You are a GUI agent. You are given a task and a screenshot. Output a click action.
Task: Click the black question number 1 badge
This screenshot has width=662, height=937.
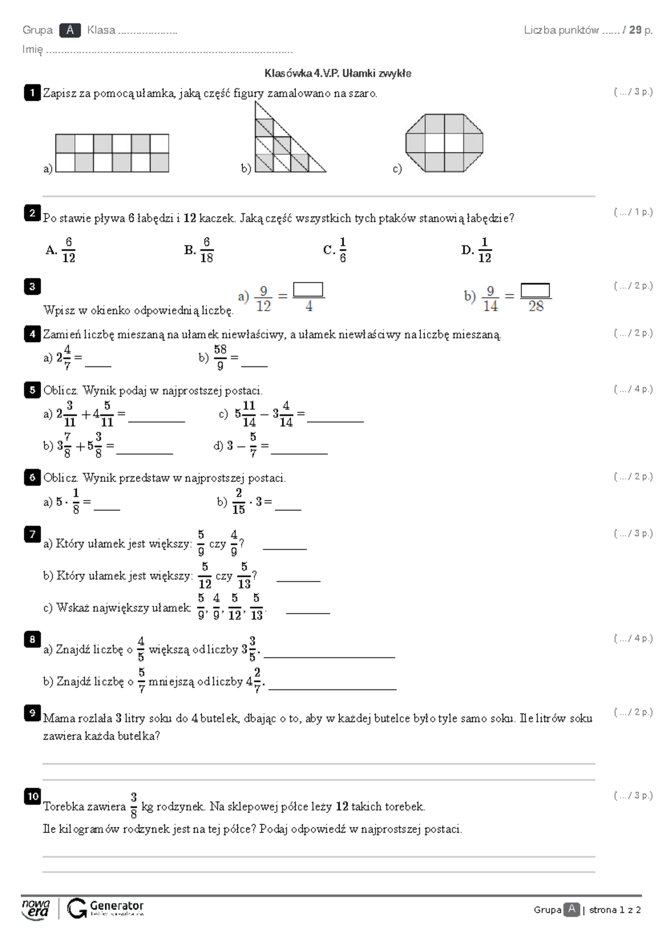tap(32, 93)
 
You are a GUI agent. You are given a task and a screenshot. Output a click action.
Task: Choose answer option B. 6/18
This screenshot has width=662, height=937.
tap(199, 250)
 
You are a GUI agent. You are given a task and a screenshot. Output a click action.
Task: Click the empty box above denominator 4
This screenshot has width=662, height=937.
tap(308, 290)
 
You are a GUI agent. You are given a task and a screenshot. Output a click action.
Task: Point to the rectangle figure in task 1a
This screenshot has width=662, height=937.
tap(112, 153)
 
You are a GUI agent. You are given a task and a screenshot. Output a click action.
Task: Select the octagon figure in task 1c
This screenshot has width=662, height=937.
tap(444, 143)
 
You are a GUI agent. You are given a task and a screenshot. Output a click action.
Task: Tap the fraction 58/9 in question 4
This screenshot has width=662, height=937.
tap(220, 357)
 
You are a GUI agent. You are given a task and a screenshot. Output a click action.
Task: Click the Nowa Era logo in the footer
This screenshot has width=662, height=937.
tap(36, 908)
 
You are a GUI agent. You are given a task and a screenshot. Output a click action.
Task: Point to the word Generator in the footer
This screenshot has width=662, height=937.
tap(116, 906)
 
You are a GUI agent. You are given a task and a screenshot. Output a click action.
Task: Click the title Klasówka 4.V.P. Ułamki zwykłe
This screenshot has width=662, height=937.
tap(338, 73)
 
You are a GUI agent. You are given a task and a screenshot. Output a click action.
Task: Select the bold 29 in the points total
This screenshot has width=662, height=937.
tap(635, 30)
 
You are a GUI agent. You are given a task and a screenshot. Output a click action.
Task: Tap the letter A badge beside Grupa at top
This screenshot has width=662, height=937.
tap(70, 30)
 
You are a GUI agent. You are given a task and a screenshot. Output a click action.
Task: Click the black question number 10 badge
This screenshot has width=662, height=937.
tap(32, 796)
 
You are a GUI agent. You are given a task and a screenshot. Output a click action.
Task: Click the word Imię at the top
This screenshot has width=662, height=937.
tap(32, 49)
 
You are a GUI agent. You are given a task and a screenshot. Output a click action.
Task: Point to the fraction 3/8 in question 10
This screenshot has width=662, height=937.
tap(134, 806)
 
